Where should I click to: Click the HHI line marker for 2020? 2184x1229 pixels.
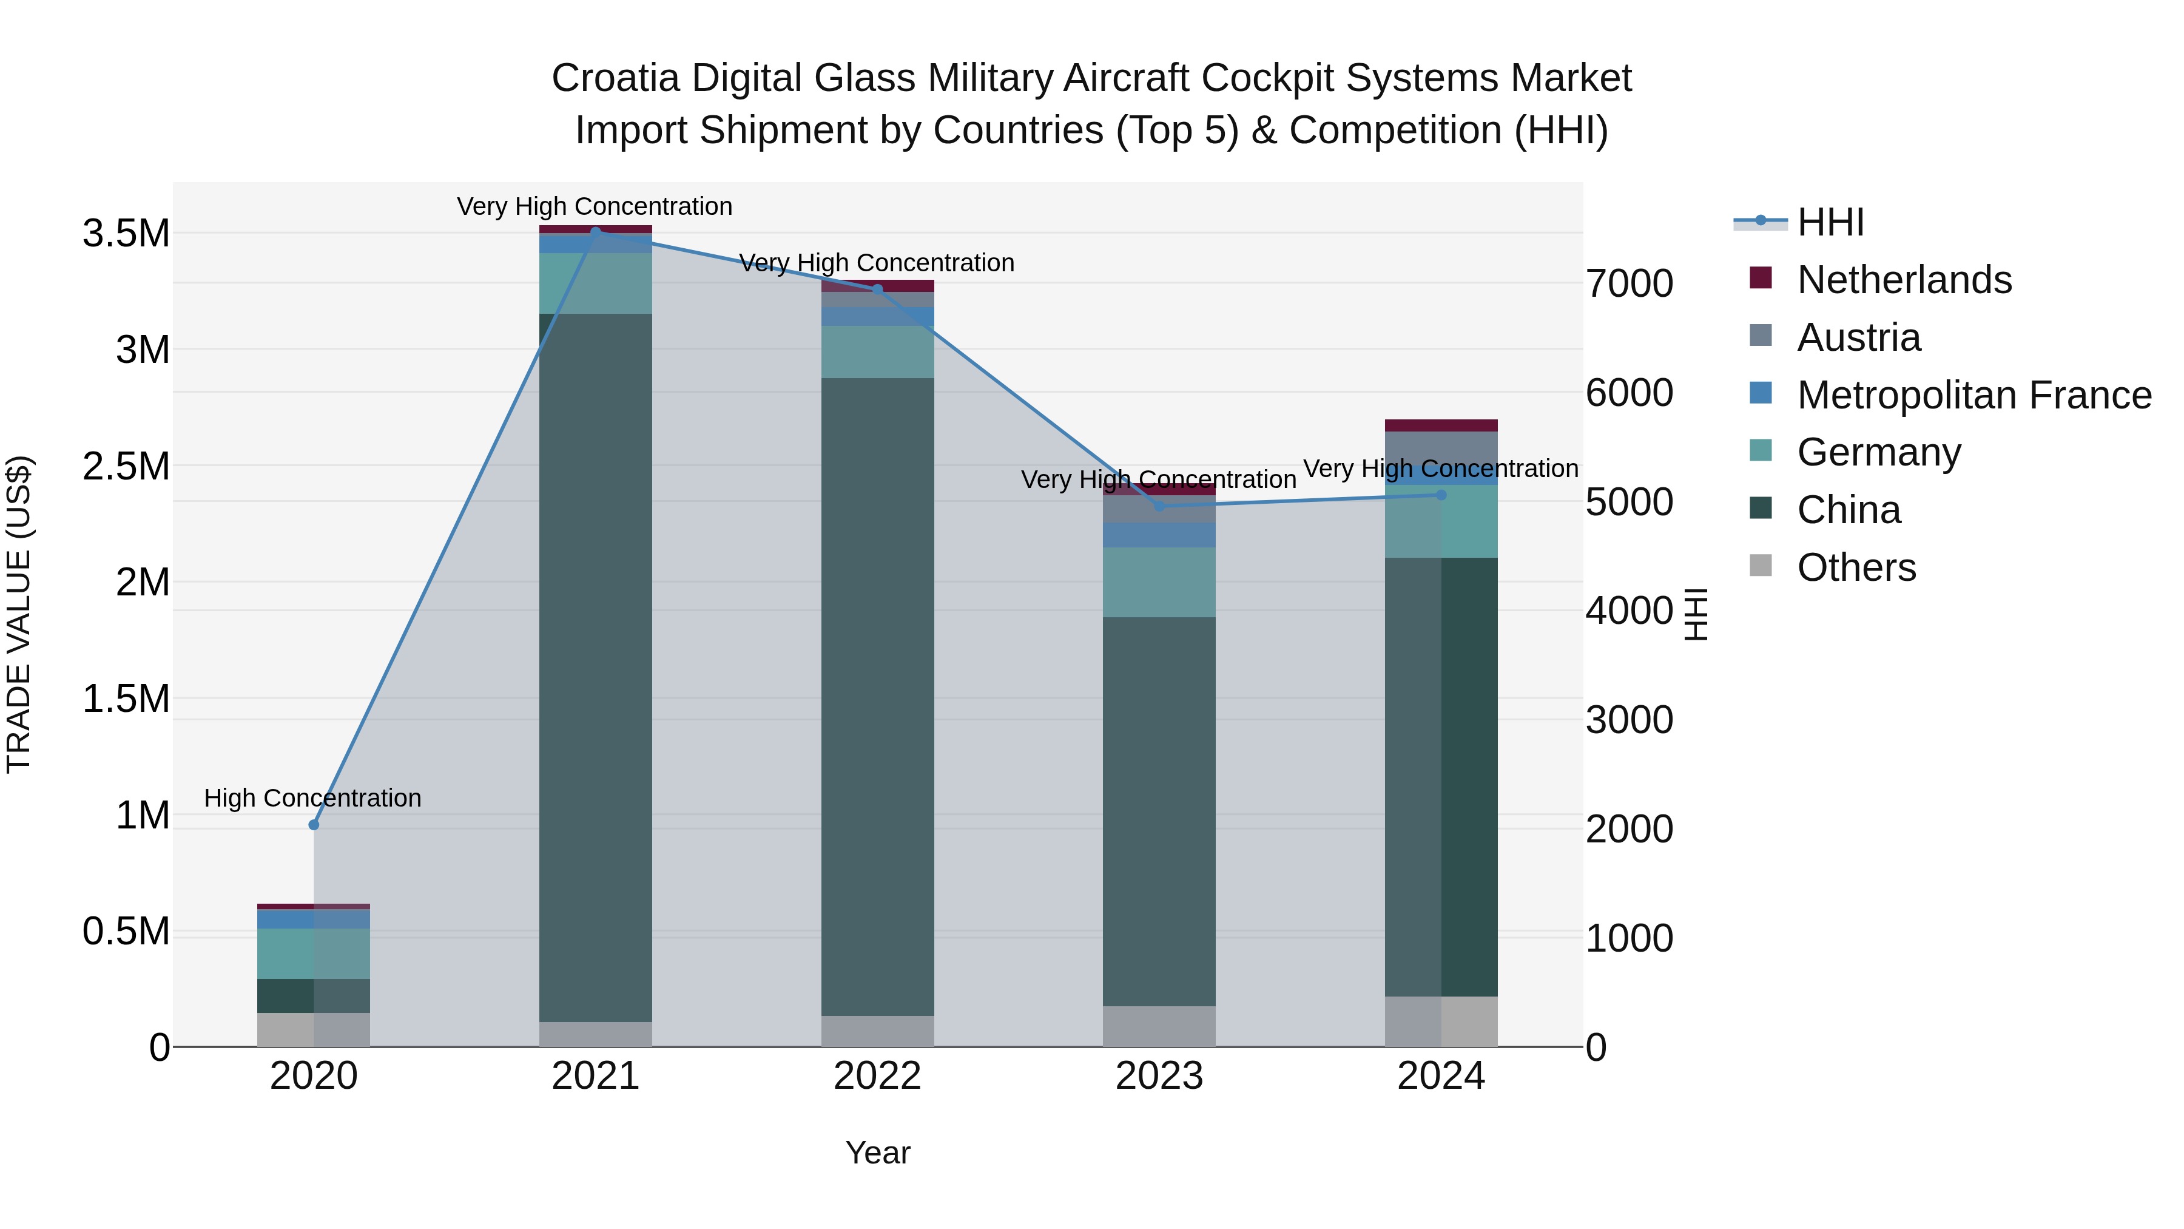[314, 824]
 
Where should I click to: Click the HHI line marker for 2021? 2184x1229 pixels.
[595, 231]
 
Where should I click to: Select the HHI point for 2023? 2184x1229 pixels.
[1159, 506]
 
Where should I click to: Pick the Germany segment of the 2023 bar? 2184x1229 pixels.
[1159, 582]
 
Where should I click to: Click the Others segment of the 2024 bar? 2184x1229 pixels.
[1441, 1021]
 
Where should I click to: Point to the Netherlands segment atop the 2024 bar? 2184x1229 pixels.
[1441, 425]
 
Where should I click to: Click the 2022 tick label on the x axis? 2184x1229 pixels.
[877, 1076]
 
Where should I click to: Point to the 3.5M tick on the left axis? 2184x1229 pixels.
[126, 233]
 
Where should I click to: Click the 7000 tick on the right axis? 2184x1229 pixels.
[1630, 283]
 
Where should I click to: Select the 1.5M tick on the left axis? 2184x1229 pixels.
[126, 699]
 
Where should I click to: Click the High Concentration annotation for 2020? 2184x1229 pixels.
[313, 798]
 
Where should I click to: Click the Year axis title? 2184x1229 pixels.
[877, 1153]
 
